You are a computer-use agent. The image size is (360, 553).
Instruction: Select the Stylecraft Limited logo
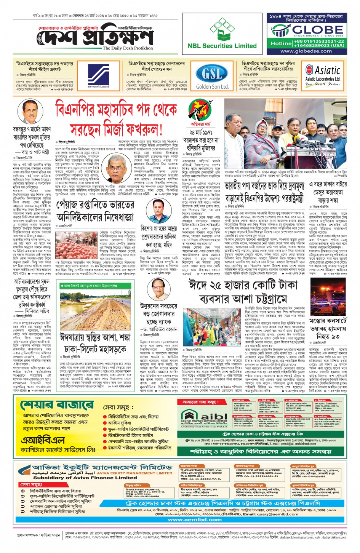tap(99, 75)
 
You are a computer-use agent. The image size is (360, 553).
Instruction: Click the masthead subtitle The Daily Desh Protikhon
tap(128, 48)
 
